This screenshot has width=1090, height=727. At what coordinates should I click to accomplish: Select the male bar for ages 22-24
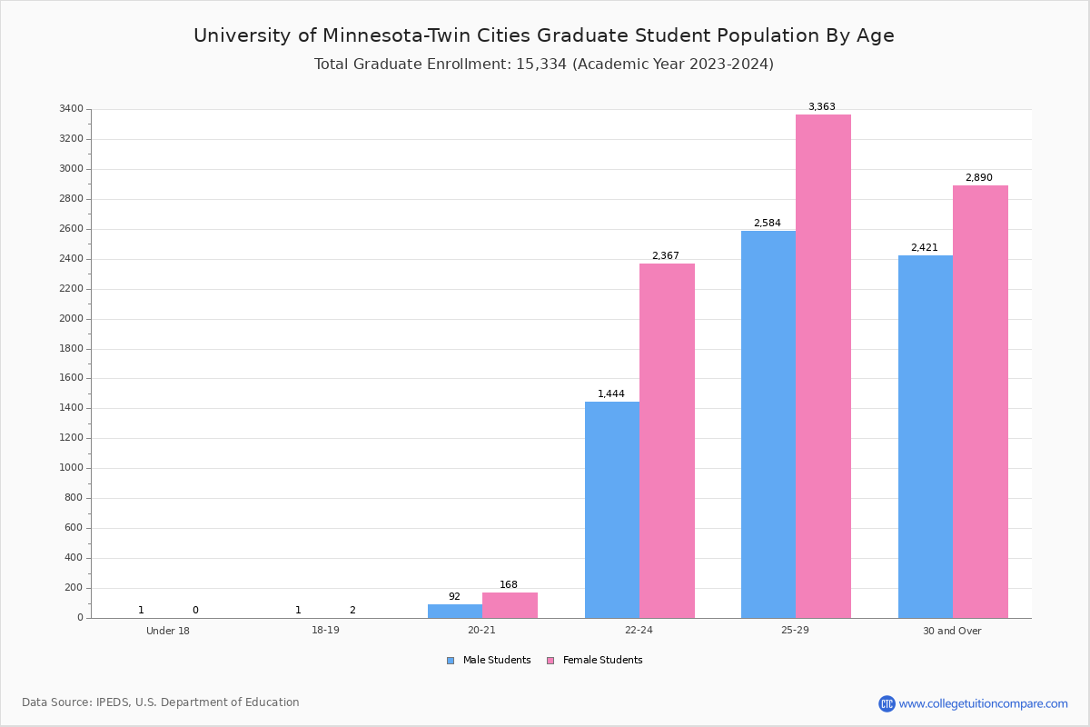(x=611, y=510)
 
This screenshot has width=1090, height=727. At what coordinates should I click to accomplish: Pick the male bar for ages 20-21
(x=454, y=612)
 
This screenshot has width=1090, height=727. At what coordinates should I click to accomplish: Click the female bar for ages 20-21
(x=510, y=605)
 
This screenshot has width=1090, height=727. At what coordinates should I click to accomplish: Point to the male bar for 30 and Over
(x=925, y=437)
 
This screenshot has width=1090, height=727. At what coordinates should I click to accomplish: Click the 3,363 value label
(x=821, y=107)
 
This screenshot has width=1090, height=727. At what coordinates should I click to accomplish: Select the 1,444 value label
(x=610, y=394)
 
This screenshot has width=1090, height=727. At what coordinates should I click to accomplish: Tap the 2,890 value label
(x=978, y=178)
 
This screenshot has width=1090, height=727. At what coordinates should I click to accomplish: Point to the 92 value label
(x=454, y=597)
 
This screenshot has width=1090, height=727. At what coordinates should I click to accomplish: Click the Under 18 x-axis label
(x=168, y=631)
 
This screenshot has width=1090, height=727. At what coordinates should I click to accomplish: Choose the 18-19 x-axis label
(x=325, y=631)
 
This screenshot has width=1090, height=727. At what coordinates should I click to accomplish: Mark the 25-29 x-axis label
(x=795, y=631)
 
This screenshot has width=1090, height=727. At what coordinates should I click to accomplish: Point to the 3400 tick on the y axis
(x=71, y=109)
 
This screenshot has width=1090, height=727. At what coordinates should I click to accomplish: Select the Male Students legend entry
(x=496, y=661)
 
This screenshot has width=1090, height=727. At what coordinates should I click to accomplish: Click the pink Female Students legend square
(x=550, y=661)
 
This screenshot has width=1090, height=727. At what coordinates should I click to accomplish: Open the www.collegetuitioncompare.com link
(x=983, y=703)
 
